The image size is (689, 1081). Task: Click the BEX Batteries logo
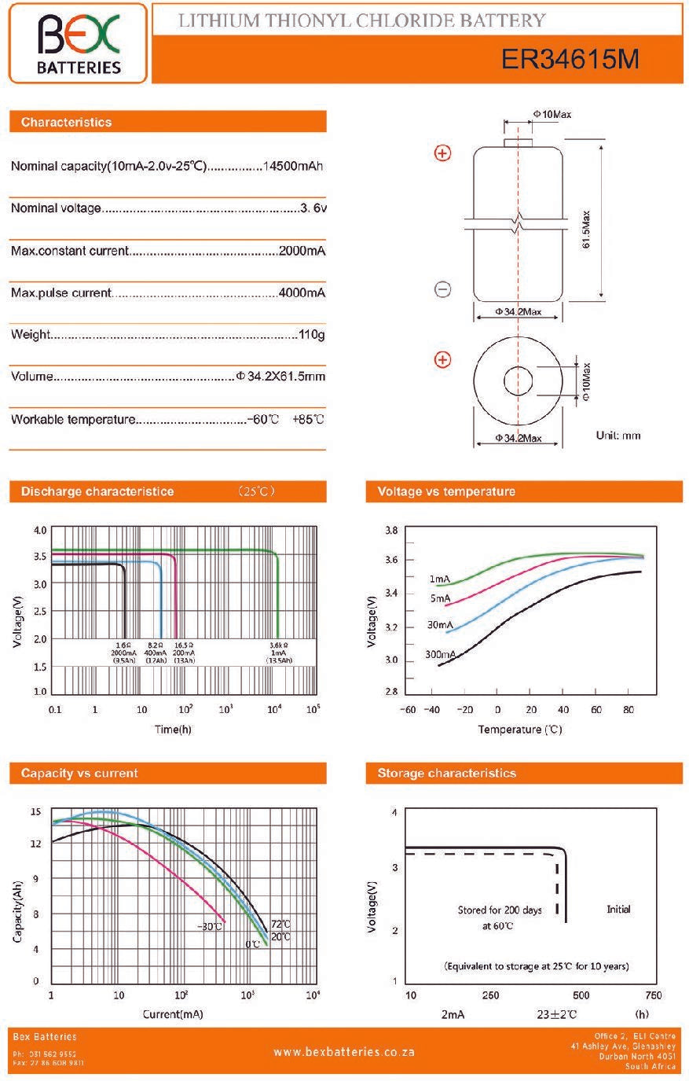(79, 43)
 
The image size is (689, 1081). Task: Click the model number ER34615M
(570, 59)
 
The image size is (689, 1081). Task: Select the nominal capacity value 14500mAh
(293, 166)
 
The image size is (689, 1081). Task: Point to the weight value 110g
(312, 335)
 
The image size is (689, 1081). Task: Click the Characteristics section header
(67, 122)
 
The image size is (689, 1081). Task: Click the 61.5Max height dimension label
(586, 230)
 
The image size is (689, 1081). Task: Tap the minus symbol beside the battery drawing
(443, 289)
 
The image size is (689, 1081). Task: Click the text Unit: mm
(618, 435)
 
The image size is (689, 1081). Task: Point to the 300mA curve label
(440, 654)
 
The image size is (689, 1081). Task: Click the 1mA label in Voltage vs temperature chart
(439, 579)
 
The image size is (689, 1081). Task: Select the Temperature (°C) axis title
(520, 730)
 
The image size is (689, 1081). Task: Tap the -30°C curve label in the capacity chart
(210, 926)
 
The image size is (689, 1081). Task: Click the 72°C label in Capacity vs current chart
(280, 924)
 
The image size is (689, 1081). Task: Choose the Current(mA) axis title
(173, 1014)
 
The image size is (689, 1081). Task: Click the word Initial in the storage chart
(618, 909)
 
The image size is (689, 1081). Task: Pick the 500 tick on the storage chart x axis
(581, 995)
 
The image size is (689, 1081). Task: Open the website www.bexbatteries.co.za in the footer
(344, 1051)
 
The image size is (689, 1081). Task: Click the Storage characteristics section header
(446, 773)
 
